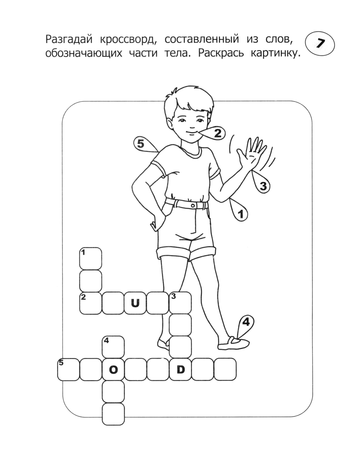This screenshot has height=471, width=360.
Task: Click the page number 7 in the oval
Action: click(320, 44)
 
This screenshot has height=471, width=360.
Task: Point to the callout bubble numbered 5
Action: click(144, 144)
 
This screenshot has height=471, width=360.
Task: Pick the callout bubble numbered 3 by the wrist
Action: click(261, 183)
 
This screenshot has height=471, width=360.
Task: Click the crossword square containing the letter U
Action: click(135, 303)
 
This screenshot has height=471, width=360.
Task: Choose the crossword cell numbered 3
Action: click(180, 303)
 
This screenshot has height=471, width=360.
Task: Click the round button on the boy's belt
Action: click(193, 206)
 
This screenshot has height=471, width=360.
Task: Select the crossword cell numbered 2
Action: click(90, 303)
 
